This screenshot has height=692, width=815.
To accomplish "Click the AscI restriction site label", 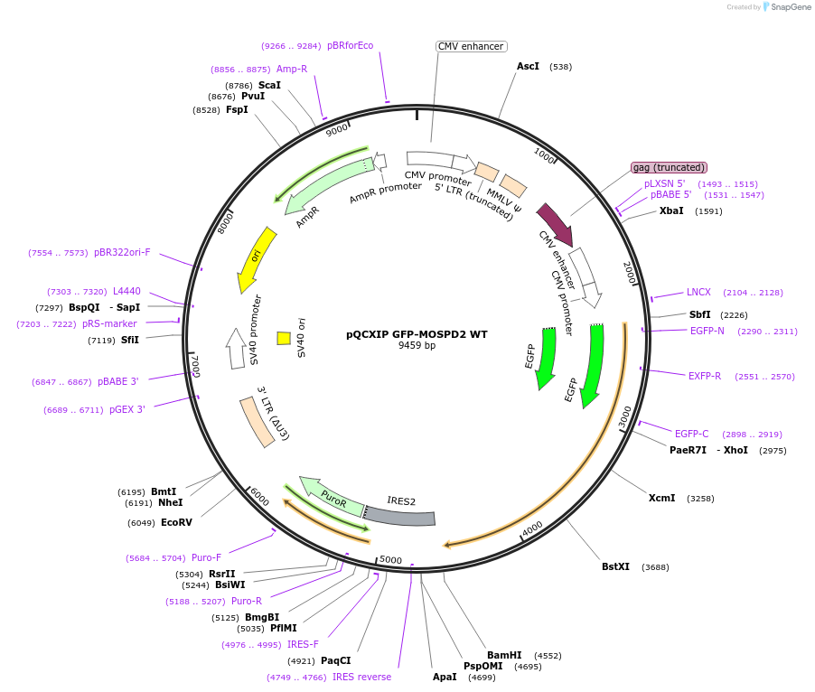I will (x=528, y=66).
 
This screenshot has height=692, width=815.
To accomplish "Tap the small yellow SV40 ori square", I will (x=284, y=338).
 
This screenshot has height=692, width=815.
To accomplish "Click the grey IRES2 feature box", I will (x=399, y=515).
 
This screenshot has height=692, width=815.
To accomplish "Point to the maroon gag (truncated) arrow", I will (x=555, y=224).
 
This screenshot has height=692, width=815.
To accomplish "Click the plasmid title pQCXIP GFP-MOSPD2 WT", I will (x=417, y=334).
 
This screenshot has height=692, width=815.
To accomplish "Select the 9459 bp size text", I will (x=417, y=346).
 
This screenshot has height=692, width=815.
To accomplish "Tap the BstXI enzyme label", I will (x=615, y=566).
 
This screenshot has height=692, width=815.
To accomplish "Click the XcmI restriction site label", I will (x=661, y=498).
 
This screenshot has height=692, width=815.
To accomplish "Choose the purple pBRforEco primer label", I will (x=350, y=45).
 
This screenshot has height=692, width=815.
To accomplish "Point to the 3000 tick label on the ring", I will (x=625, y=416).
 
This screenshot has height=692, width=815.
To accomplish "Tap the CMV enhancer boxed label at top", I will (x=471, y=46).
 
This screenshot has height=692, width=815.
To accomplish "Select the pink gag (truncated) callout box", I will (x=669, y=167).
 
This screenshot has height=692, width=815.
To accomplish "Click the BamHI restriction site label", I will (x=504, y=655).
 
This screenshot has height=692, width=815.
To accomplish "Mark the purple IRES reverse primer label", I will (x=361, y=677).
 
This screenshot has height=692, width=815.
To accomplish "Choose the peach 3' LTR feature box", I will (x=258, y=420).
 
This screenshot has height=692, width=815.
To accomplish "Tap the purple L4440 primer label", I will (x=126, y=291).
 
